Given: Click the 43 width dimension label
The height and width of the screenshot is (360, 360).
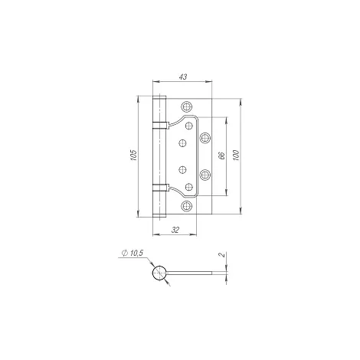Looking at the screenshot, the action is (183, 77).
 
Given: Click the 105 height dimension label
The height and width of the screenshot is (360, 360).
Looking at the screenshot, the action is (134, 155).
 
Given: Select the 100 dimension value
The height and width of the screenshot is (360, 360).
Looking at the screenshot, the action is (237, 155).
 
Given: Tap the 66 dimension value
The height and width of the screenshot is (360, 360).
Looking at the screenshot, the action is (222, 155).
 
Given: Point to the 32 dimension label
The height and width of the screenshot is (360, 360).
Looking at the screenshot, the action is (175, 230).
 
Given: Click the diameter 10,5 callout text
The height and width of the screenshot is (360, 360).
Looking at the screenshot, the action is (133, 253).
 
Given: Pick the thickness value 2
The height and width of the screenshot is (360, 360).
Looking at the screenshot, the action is (222, 254).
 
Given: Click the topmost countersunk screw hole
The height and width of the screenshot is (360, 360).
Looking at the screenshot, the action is (187, 106).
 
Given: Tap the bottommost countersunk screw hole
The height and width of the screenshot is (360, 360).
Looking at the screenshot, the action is (187, 206).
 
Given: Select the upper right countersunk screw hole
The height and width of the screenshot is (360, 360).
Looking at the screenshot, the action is (205, 138).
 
